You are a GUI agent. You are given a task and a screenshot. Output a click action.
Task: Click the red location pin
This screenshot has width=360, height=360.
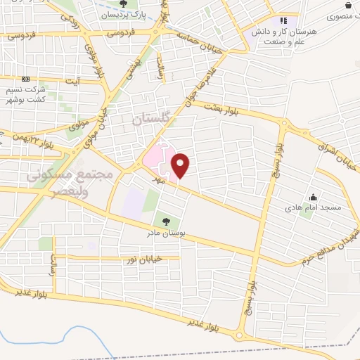coord(181,166)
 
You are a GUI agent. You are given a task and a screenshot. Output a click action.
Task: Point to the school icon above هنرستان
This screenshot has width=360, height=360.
coord(283,21)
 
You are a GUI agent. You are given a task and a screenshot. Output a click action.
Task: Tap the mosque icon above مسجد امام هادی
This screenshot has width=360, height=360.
coord(313,197)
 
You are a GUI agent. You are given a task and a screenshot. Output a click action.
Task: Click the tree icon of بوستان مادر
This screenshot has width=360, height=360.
coord(166,221)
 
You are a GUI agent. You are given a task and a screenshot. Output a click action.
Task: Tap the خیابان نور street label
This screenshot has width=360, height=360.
coord(143,259)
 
